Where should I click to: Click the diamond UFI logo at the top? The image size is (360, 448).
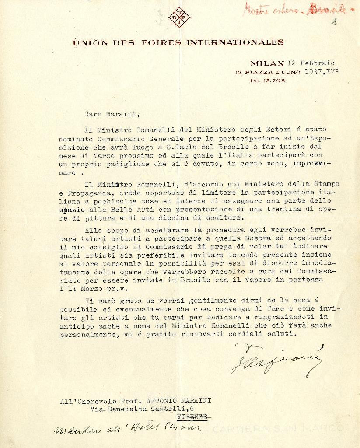(179, 18)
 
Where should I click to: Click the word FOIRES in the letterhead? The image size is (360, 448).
(161, 43)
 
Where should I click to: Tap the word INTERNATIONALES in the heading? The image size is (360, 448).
(235, 42)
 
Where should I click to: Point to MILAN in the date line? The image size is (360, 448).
(267, 63)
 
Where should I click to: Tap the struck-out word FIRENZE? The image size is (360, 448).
(193, 417)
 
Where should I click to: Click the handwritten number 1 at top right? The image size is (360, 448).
(335, 21)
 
